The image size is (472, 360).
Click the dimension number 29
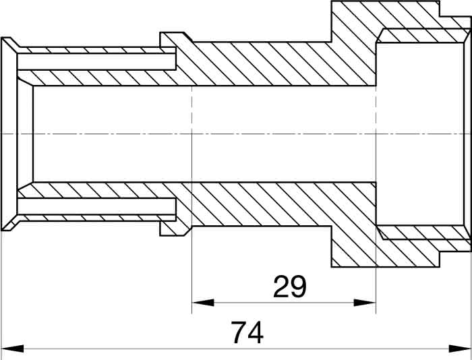[x=289, y=287]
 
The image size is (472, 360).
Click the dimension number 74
[x=247, y=332]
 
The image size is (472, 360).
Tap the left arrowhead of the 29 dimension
[x=203, y=303]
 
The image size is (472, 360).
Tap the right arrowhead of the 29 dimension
[x=365, y=303]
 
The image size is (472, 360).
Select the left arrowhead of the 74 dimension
[x=12, y=349]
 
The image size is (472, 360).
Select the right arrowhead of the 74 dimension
[x=460, y=349]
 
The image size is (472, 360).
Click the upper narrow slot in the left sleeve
[x=96, y=61]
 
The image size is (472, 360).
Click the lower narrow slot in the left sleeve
[x=96, y=206]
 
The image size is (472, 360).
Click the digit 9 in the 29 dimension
[x=299, y=287]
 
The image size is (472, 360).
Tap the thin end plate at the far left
[x=9, y=134]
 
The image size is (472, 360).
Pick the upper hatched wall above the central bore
[x=271, y=64]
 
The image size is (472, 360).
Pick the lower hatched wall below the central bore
[x=271, y=204]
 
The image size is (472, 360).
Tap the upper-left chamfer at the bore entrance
[x=26, y=82]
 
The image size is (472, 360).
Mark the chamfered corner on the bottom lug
[x=188, y=231]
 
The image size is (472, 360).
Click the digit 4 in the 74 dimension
[x=256, y=332]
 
